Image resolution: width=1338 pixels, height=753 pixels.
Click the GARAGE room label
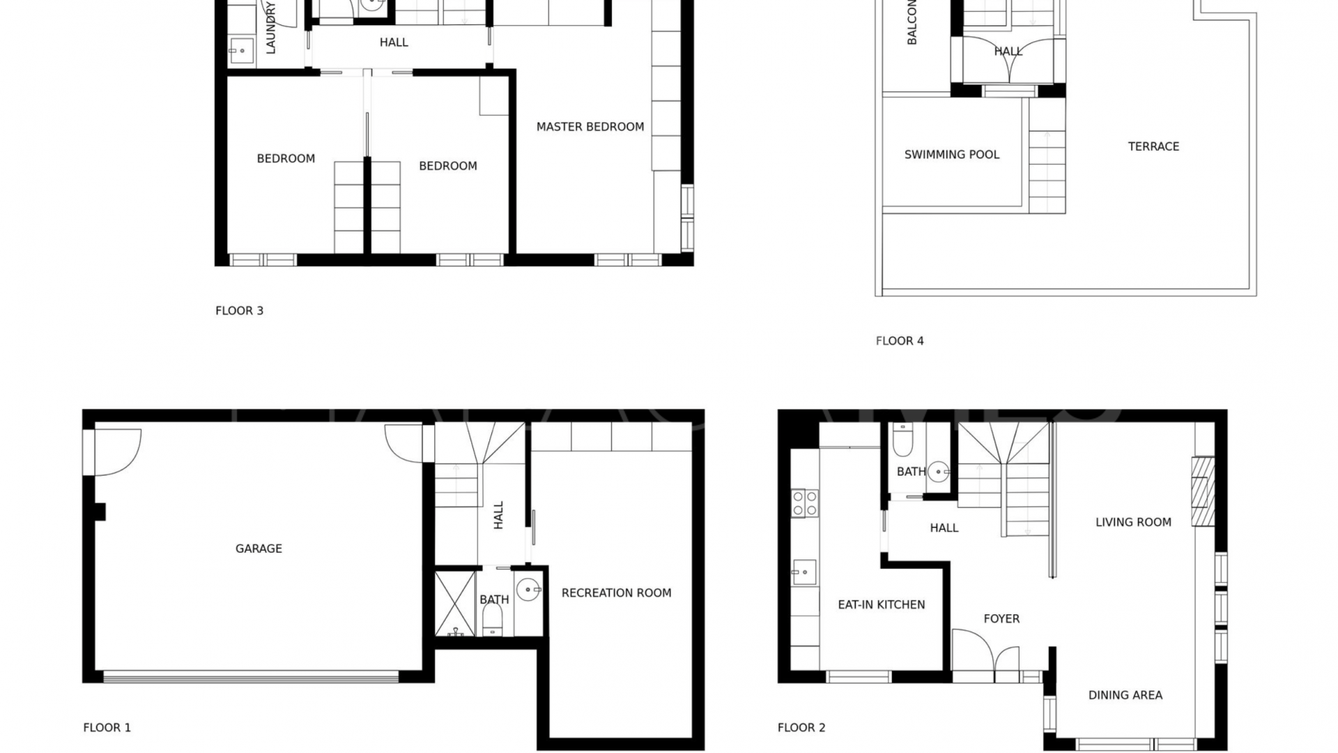[259, 549]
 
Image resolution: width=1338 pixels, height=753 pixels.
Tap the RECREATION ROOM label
[616, 593]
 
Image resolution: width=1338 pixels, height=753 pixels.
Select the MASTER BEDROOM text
[590, 127]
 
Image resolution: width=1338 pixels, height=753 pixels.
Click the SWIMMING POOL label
[951, 155]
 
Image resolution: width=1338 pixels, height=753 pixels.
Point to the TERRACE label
[1153, 146]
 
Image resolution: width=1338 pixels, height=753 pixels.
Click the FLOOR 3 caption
[239, 311]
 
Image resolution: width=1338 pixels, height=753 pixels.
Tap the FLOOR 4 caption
[899, 341]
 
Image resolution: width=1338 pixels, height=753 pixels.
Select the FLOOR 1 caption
[107, 727]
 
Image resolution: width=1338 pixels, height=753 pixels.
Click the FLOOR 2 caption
[801, 727]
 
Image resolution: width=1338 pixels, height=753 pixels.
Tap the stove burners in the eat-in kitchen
[804, 503]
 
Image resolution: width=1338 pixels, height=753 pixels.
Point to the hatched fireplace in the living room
[1203, 491]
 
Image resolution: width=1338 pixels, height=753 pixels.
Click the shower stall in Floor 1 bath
[455, 604]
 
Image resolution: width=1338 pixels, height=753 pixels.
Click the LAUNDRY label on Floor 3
[271, 28]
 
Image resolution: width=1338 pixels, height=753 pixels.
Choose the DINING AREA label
[1125, 695]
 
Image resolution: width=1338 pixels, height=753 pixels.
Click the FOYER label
[1001, 618]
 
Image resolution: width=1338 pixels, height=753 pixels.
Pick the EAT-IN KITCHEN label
[881, 604]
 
